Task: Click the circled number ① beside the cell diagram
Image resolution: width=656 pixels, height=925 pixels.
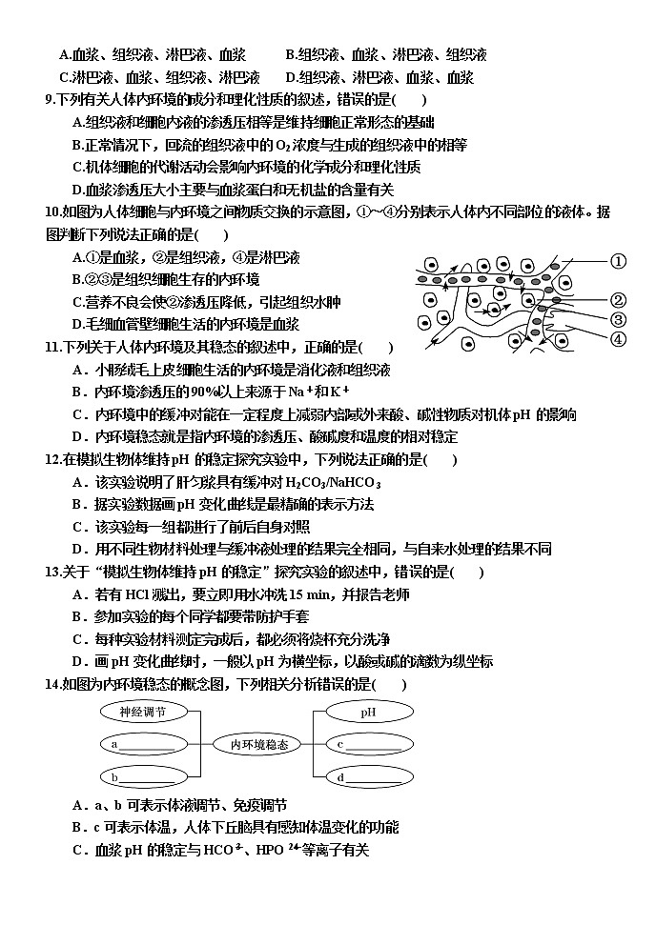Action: coord(617,260)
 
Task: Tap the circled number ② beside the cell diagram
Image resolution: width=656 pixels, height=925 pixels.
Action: coord(617,300)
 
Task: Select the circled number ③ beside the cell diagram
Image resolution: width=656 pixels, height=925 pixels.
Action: coord(617,319)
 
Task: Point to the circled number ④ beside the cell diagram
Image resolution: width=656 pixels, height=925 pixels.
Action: coord(617,338)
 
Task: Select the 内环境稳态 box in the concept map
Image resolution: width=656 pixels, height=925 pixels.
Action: coord(252,744)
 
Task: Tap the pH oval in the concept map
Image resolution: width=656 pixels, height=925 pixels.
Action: coord(367,712)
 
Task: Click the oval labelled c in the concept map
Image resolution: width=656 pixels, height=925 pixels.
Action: coord(367,744)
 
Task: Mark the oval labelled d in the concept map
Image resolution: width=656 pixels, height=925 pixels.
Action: coord(367,777)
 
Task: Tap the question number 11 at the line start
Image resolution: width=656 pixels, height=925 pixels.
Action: coord(52,348)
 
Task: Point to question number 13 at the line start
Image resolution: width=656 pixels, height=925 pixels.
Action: coord(52,572)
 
